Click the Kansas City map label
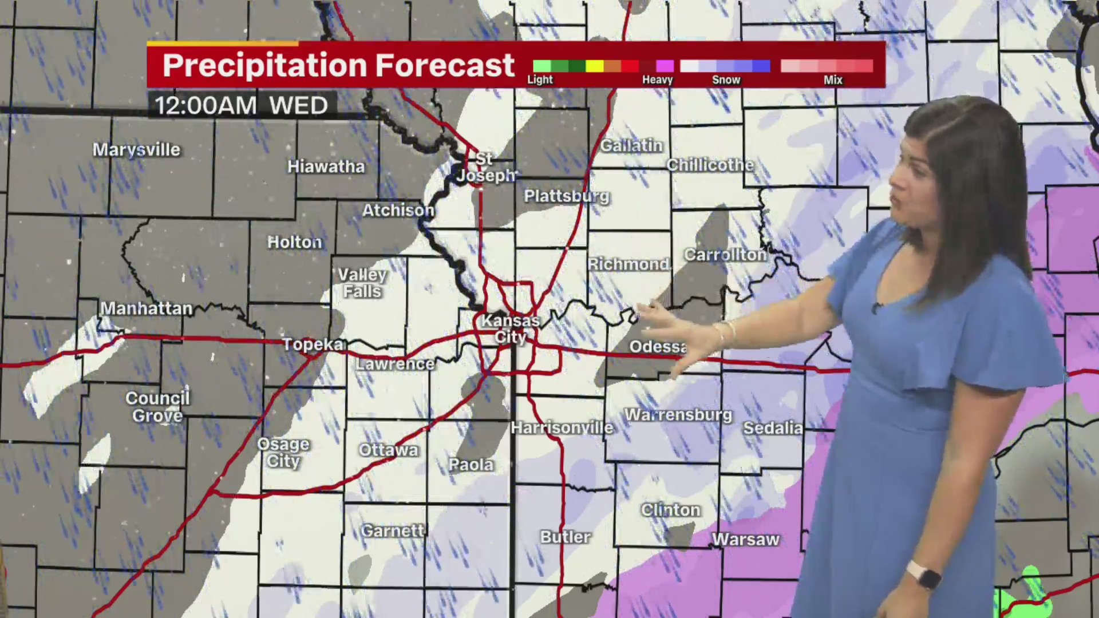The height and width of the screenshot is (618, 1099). (x=510, y=329)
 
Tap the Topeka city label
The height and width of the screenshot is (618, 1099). (x=313, y=344)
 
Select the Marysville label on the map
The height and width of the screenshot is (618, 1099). (x=136, y=150)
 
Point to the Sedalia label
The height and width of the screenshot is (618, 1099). (x=773, y=428)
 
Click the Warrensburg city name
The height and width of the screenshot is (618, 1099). (x=678, y=415)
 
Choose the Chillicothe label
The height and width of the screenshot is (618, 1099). (x=710, y=165)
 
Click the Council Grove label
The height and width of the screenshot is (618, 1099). (x=157, y=407)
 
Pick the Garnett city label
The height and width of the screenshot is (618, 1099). (x=393, y=531)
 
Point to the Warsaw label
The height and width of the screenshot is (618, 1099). (x=745, y=540)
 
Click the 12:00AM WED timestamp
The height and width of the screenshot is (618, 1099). (x=241, y=106)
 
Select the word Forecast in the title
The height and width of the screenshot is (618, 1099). (x=445, y=65)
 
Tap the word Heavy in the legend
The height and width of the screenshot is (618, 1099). (x=657, y=80)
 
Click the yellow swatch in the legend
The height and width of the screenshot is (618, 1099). (x=594, y=66)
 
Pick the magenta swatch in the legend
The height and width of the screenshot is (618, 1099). (x=665, y=66)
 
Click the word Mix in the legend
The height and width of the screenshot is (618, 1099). (x=833, y=80)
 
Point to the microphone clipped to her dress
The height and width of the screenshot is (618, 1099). (x=876, y=307)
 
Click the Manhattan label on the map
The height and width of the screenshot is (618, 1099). (x=147, y=309)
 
